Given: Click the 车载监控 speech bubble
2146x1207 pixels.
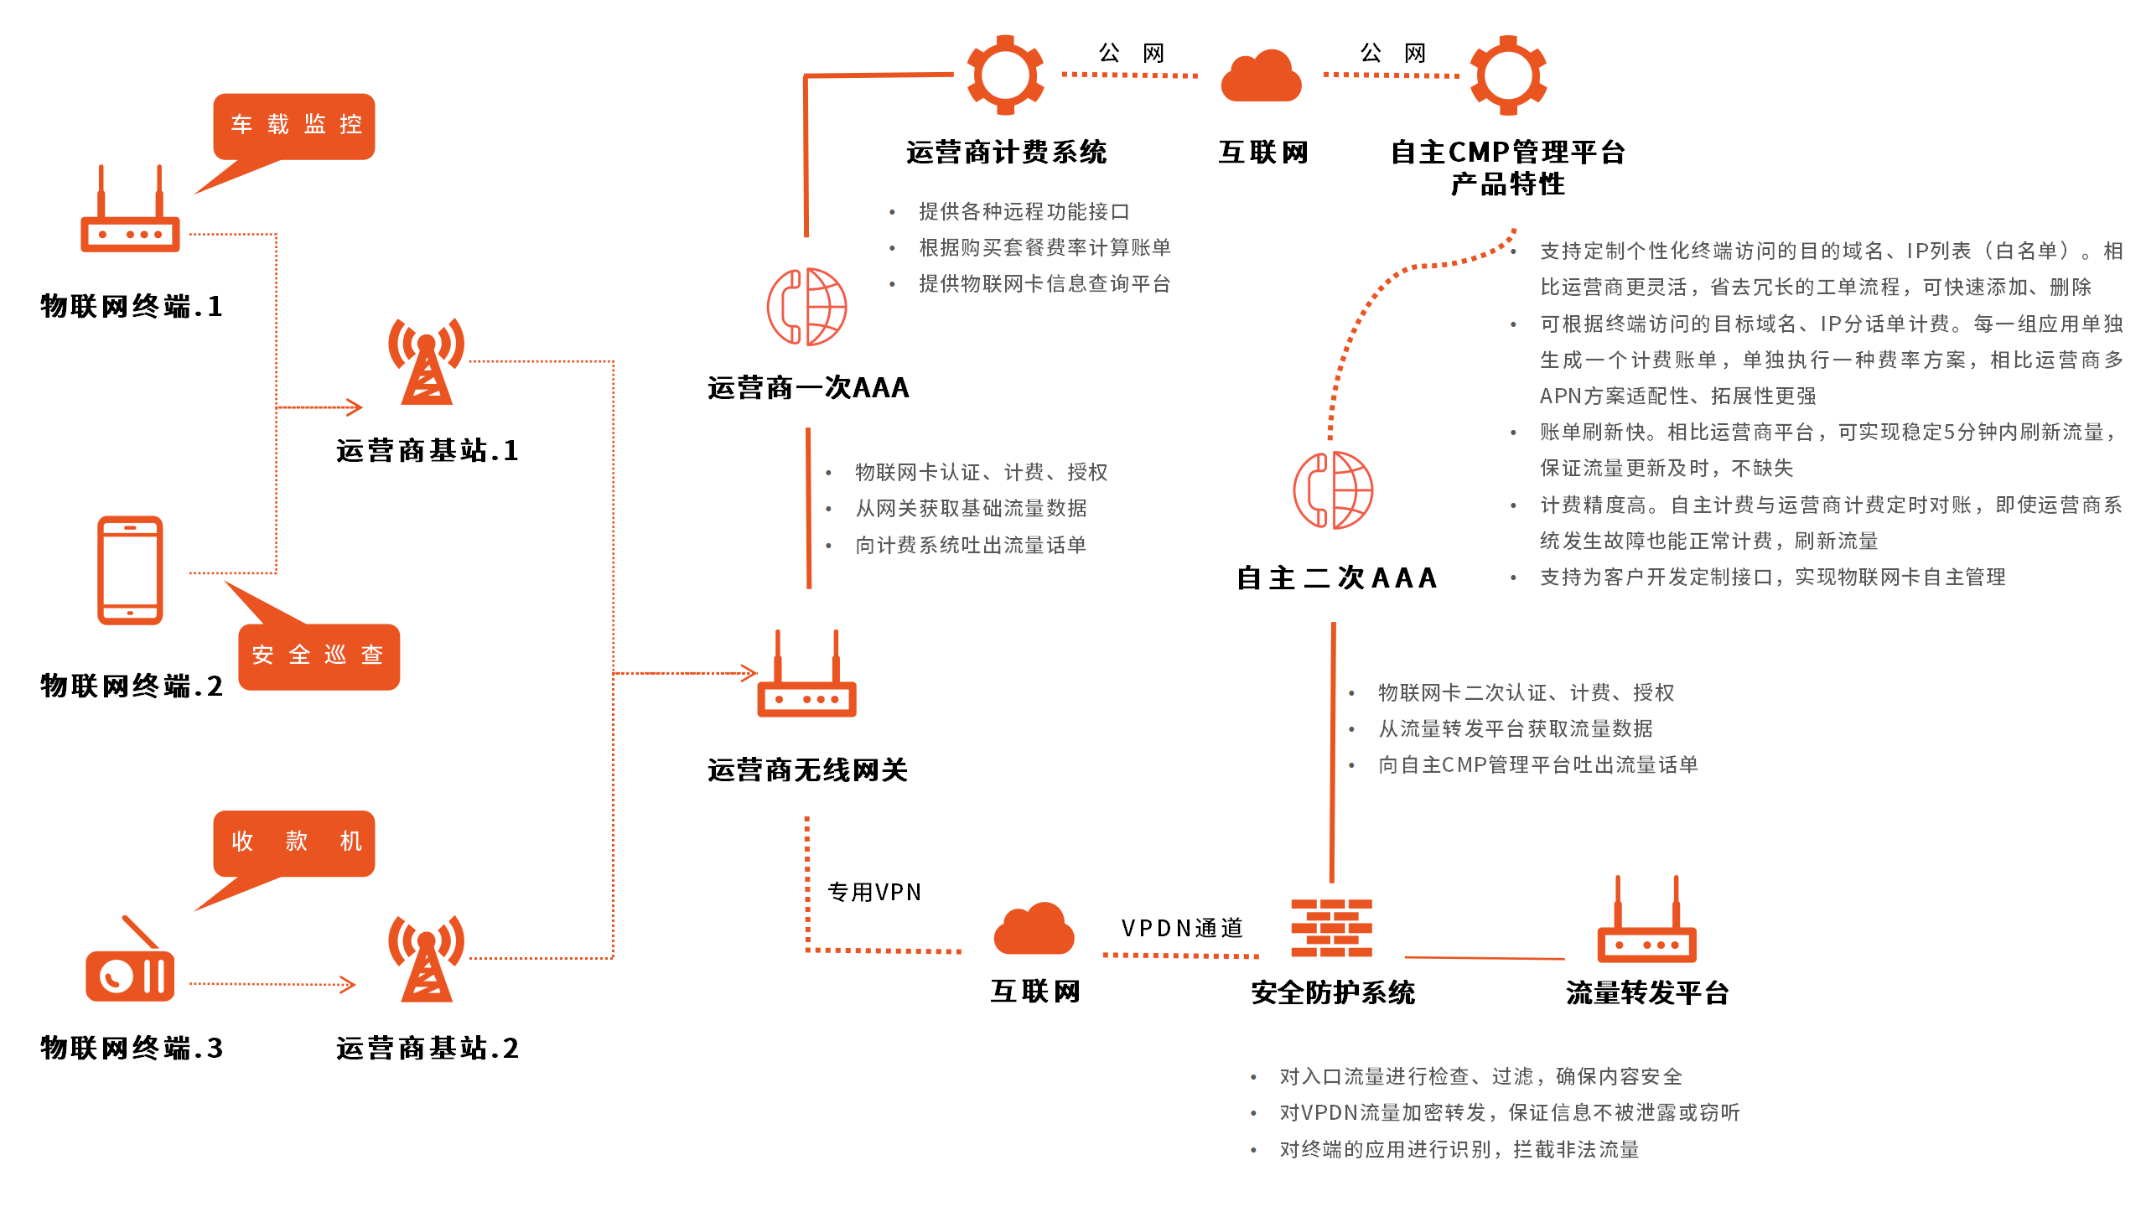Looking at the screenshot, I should [294, 126].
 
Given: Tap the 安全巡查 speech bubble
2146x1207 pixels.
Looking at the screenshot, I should [319, 655].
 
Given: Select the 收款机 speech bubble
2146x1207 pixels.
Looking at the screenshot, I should [294, 842].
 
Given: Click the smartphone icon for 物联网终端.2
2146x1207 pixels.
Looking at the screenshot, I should [130, 570].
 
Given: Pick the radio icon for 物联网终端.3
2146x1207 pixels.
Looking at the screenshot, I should [130, 964].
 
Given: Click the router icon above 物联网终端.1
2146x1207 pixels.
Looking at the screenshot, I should [130, 214].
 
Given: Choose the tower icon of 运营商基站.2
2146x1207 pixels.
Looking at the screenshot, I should [427, 960].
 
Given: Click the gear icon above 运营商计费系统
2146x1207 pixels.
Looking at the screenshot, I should [1005, 75].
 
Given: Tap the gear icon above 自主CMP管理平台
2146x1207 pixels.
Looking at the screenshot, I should [1508, 75].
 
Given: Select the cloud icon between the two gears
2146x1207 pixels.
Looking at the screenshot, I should [1261, 77].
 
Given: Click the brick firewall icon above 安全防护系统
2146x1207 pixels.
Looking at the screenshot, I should [1331, 929].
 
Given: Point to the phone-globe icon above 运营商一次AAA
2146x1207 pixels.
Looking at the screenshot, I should [806, 307].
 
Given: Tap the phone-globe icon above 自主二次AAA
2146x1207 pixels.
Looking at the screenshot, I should [1333, 490].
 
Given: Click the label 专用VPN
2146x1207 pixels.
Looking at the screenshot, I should [874, 893].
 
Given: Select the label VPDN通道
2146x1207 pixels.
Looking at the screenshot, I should [1182, 929].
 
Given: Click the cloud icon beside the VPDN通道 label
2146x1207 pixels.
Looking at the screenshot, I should [1034, 930].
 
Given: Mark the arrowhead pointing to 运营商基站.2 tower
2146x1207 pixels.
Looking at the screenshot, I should [349, 985].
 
